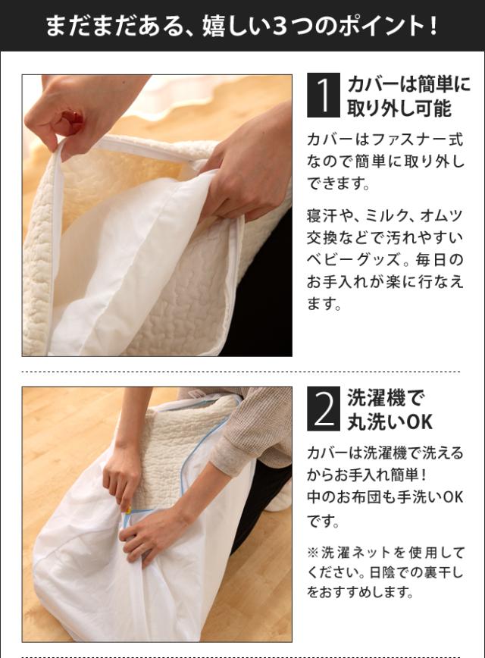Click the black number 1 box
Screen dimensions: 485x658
coord(323,95)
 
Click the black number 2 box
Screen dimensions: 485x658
coord(323,409)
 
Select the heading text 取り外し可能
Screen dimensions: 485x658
coord(399,108)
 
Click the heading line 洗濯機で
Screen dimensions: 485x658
coord(386,397)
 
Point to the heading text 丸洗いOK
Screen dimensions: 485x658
coord(390,421)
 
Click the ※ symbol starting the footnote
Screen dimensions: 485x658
coord(313,553)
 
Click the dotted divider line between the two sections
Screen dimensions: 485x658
coord(241,371)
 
